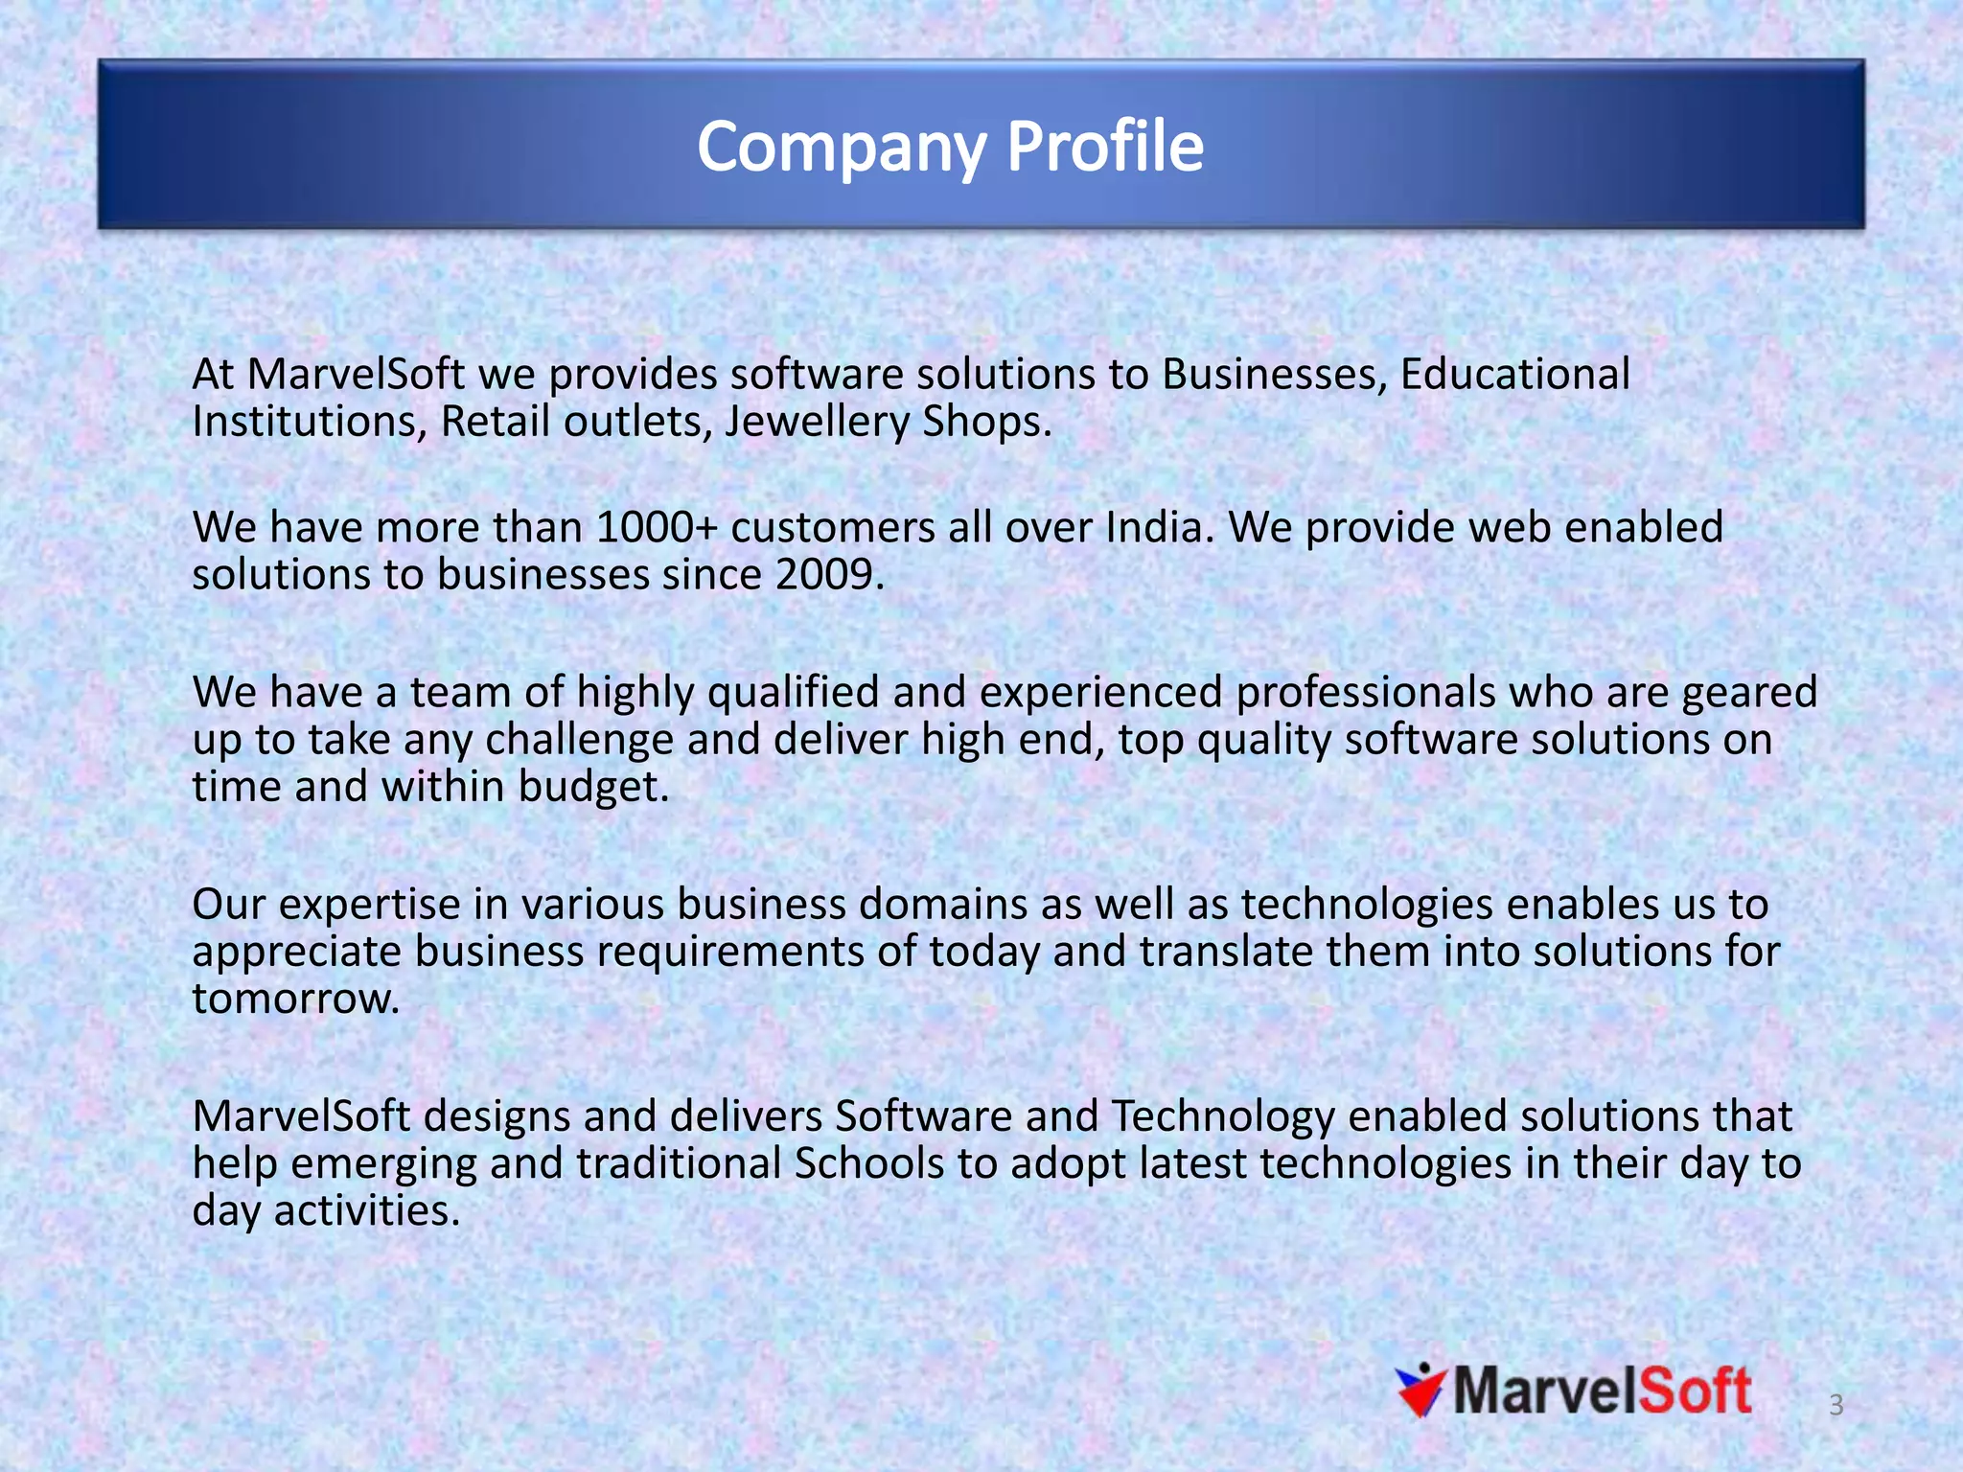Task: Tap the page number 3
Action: [1836, 1405]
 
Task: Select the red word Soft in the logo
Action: [1695, 1391]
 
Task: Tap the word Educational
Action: [1514, 375]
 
